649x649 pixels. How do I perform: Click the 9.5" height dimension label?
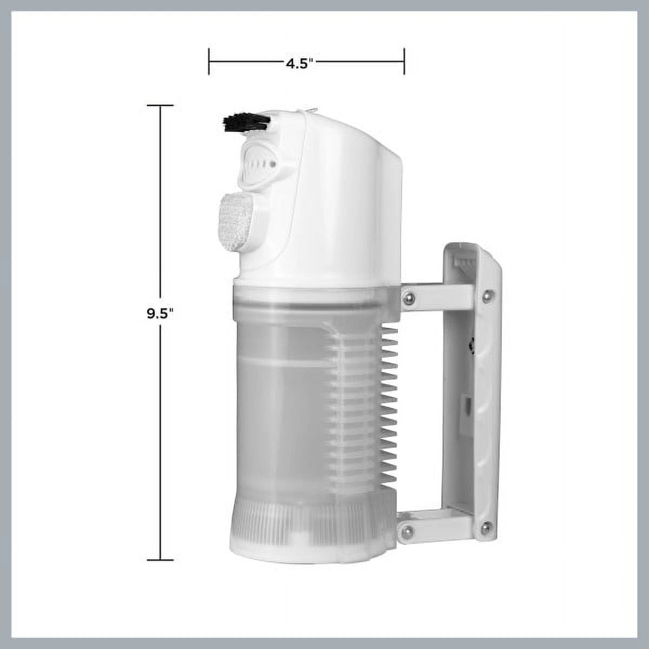coord(160,314)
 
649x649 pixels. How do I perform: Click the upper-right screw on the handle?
coord(486,296)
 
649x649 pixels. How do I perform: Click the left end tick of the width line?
coord(209,62)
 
